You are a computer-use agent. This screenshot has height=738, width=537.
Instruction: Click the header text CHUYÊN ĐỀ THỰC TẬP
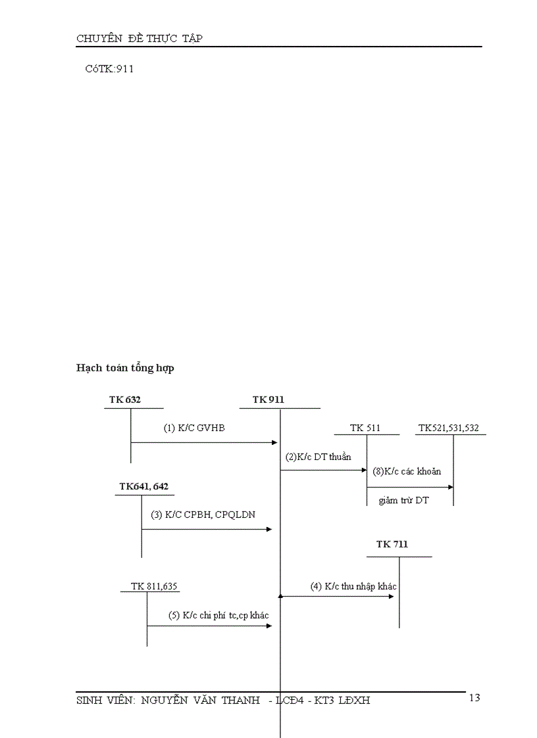[140, 38]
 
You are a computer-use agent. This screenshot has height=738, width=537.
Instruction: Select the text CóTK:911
[109, 68]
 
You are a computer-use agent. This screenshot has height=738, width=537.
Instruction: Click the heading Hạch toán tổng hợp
[125, 368]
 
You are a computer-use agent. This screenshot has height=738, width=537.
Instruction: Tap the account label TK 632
[125, 400]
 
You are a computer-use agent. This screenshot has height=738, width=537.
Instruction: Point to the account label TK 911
[268, 400]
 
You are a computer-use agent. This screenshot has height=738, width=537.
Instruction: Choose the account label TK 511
[365, 428]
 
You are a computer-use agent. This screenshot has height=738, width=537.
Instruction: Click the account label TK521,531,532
[449, 428]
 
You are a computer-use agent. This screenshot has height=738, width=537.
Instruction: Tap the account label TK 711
[392, 544]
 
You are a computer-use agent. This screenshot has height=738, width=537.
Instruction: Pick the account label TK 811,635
[155, 586]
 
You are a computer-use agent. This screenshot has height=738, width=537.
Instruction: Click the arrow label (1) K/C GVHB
[194, 428]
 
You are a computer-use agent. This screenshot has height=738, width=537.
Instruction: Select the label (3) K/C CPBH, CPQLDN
[203, 515]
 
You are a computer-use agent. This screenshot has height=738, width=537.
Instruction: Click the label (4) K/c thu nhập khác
[353, 586]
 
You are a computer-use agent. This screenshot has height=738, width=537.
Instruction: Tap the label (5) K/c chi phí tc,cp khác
[218, 615]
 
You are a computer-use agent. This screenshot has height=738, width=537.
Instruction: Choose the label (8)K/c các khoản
[407, 471]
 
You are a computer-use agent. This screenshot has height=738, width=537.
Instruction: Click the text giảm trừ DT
[403, 500]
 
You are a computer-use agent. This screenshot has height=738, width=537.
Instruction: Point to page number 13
[474, 697]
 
